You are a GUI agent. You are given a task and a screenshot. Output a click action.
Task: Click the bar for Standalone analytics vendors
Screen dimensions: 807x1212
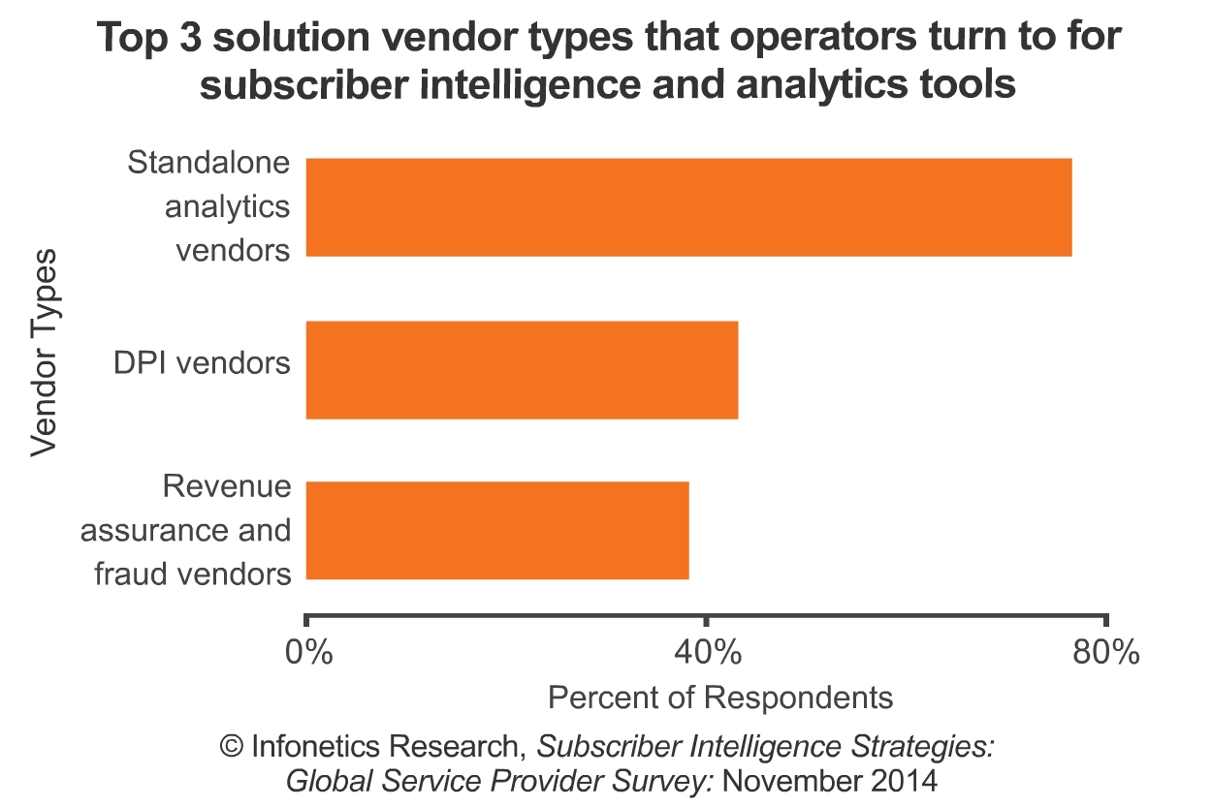click(688, 207)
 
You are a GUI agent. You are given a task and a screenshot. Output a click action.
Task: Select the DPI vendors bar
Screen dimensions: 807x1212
click(522, 370)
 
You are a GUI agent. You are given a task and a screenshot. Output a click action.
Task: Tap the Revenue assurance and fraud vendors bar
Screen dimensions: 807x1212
click(497, 531)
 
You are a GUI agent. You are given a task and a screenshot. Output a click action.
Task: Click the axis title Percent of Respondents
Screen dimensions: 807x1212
click(719, 697)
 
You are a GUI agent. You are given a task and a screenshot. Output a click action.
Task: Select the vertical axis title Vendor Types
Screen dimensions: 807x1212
click(44, 352)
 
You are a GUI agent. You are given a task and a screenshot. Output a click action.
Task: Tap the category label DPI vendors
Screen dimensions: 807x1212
click(202, 363)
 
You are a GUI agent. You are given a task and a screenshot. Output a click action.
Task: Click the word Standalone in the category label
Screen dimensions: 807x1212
click(208, 162)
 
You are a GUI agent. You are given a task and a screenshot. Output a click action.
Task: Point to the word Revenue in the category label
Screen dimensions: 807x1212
click(227, 485)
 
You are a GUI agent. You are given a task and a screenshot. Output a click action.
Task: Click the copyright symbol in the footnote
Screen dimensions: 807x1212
click(231, 747)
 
